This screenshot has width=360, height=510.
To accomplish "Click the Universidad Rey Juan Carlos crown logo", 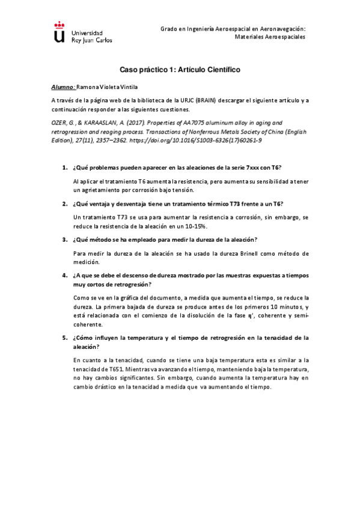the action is (x=58, y=34).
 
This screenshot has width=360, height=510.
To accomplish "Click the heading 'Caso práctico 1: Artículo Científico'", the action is (x=180, y=70).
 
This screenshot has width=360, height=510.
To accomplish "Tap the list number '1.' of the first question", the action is (x=65, y=167).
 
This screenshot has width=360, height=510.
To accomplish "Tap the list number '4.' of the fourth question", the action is (x=65, y=275).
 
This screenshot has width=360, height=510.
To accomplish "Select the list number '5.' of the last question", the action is (x=65, y=338).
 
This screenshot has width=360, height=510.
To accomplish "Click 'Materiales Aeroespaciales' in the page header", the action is (x=269, y=37).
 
